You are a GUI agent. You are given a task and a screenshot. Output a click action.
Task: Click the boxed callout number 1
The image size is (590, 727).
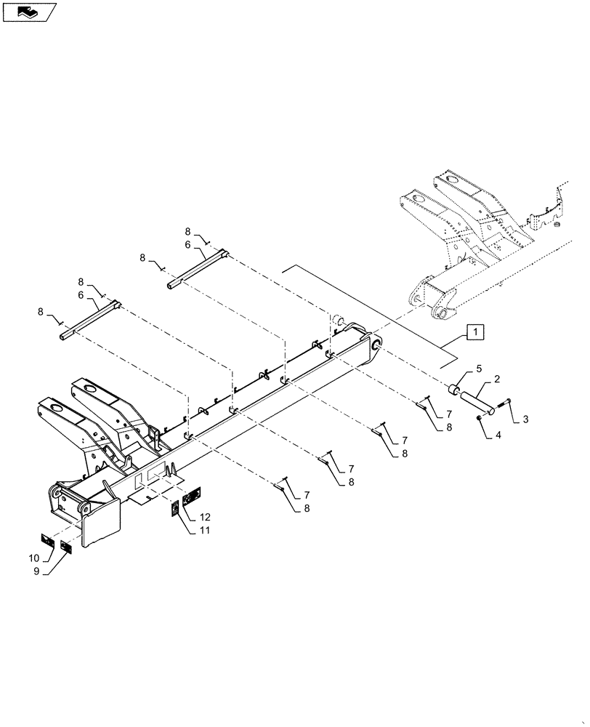click(474, 332)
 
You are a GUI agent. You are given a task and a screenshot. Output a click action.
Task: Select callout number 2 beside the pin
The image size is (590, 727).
click(496, 379)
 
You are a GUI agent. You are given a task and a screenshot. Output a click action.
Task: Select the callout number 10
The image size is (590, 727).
click(33, 558)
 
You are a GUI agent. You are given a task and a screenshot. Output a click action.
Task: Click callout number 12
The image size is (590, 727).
click(205, 517)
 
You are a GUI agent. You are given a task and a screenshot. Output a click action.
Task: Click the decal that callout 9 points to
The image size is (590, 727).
click(66, 547)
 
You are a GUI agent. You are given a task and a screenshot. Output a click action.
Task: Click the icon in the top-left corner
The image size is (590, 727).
click(29, 12)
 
